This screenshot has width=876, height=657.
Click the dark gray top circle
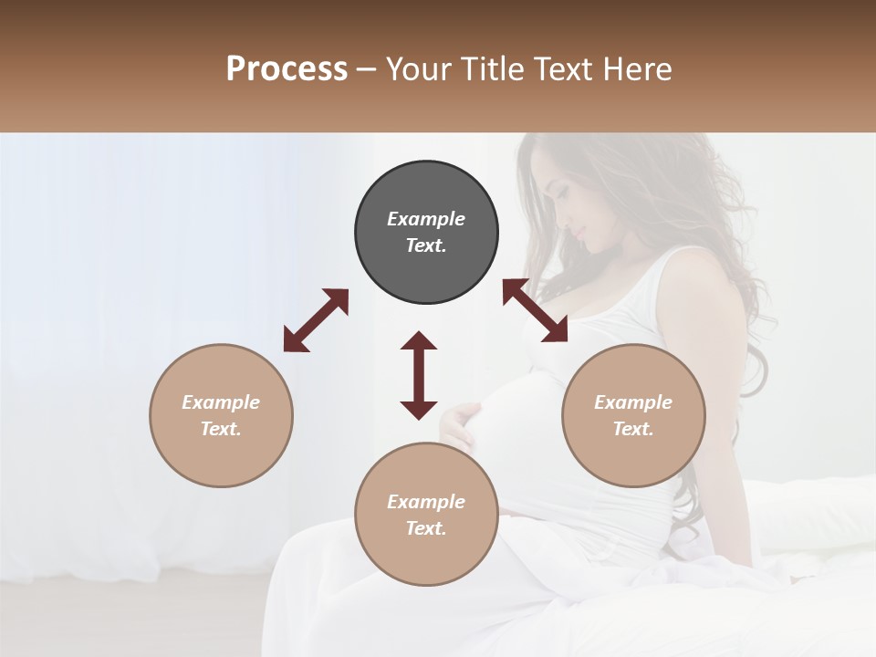[x=426, y=233]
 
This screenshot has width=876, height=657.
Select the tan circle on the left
[x=221, y=415]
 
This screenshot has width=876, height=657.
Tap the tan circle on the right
[x=633, y=415]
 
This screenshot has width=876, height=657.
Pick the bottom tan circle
[x=426, y=514]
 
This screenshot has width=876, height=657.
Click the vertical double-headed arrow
[x=419, y=375]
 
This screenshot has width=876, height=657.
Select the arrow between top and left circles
[x=316, y=320]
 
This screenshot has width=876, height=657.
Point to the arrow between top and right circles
[x=536, y=310]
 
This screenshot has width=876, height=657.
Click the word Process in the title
[x=287, y=68]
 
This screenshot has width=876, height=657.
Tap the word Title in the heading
[x=493, y=68]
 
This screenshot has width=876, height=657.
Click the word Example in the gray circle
[x=426, y=219]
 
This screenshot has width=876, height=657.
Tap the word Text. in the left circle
[x=221, y=429]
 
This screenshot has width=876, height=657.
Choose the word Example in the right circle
[x=633, y=402]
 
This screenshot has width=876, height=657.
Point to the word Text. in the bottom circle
[x=426, y=528]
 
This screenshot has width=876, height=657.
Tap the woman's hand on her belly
[x=461, y=422]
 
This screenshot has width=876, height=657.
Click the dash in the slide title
[x=367, y=69]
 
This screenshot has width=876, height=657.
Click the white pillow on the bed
[x=817, y=511]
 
